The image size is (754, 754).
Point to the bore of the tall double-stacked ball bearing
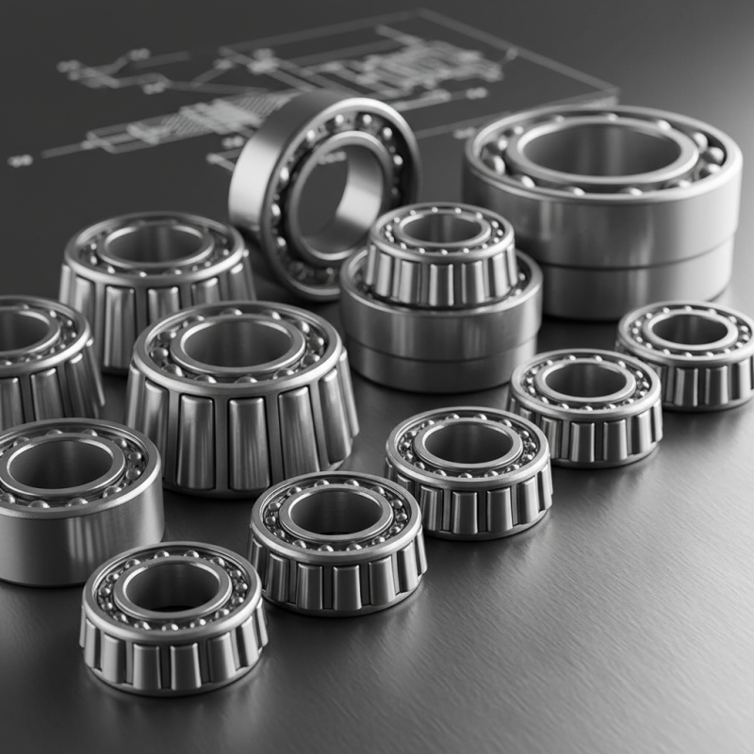(604, 151)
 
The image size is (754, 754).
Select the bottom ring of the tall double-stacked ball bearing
(641, 283)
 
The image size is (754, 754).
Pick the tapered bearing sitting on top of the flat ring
(441, 259)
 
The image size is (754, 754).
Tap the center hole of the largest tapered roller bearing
(239, 345)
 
